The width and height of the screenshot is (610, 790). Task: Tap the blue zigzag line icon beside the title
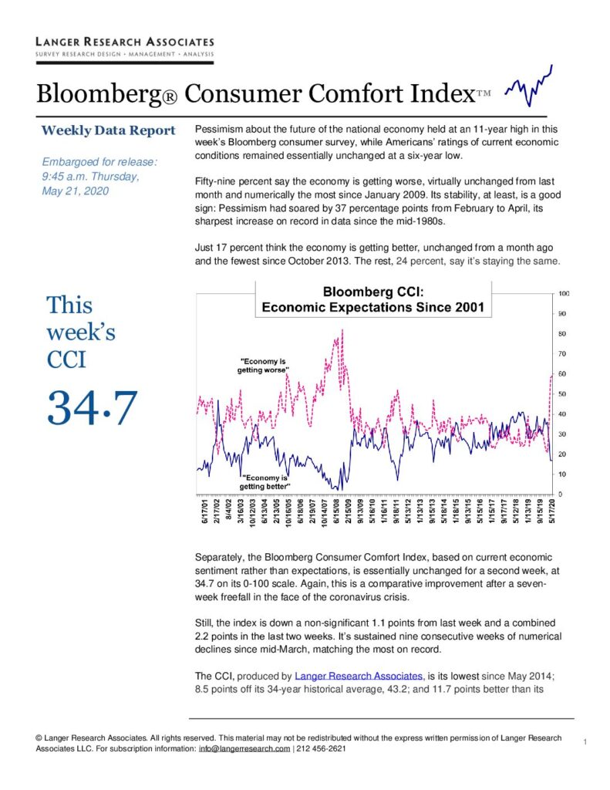coord(528,86)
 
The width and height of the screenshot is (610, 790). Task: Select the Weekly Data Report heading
coord(108,130)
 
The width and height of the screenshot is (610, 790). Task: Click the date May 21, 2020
coord(75,191)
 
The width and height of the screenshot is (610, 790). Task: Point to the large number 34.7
coord(92,407)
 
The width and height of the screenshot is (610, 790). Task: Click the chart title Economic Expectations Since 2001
coord(372,307)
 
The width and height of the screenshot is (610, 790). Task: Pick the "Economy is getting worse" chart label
coord(262,366)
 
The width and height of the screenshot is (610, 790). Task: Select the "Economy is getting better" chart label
coord(265,482)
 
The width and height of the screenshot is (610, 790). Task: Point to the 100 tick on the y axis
coord(564,294)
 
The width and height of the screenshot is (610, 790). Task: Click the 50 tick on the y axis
coord(562,394)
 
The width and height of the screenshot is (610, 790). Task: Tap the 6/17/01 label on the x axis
coord(205,511)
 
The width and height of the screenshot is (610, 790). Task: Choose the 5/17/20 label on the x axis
coord(552,511)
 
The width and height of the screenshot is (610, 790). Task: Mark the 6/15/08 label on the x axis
coord(335,511)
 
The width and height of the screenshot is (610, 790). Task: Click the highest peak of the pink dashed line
coord(342,329)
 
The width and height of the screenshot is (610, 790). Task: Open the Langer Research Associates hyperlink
coord(359,676)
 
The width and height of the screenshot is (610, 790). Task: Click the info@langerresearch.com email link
coord(244,748)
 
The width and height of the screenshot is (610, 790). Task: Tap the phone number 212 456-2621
coord(322,748)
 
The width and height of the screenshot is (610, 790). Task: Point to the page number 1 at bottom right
coord(585,741)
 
